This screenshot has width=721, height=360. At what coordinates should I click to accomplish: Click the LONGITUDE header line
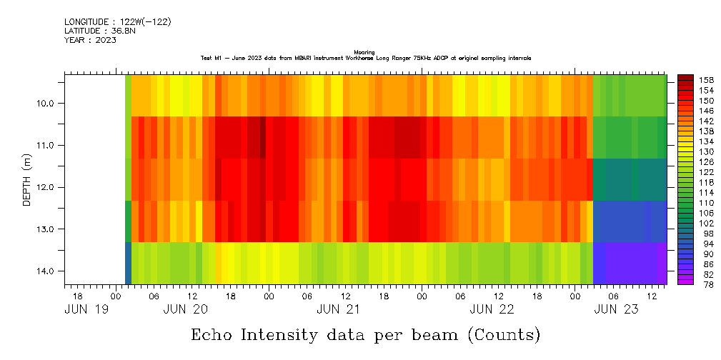(x=117, y=22)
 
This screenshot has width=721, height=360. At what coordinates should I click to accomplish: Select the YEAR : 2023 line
(x=90, y=40)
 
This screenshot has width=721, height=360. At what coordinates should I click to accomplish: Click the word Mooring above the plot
(x=364, y=53)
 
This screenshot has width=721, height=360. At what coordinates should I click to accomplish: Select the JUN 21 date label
(x=339, y=309)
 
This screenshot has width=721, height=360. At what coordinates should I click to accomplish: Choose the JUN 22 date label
(x=492, y=309)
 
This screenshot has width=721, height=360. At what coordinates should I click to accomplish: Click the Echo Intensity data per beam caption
(x=365, y=334)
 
